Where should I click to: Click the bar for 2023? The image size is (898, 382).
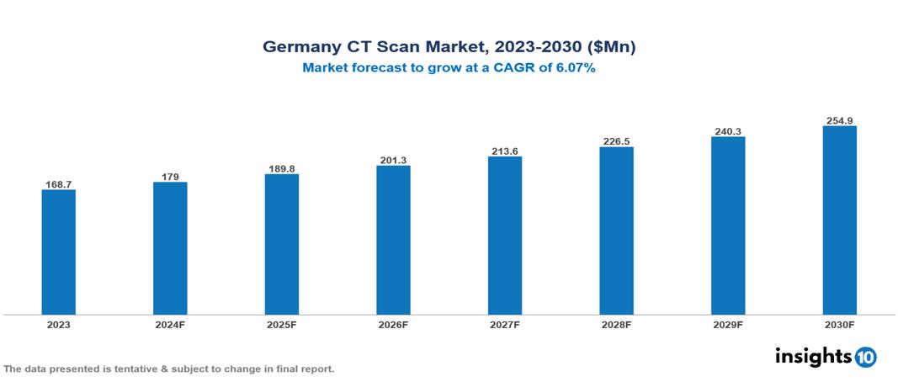tap(59, 252)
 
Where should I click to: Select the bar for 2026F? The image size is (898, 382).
tap(393, 240)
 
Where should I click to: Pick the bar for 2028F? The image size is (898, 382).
tap(616, 231)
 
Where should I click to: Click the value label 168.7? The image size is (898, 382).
tap(59, 183)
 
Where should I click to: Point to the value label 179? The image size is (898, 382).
tap(170, 176)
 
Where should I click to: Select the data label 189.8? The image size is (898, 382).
tap(282, 168)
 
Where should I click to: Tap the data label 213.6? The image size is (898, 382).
tap(505, 151)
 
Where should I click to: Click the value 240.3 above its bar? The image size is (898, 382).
tap(728, 131)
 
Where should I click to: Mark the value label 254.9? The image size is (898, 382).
tap(839, 120)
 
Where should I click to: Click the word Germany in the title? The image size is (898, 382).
tap(302, 47)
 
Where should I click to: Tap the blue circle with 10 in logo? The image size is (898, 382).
tap(865, 357)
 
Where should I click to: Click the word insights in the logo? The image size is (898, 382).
tap(813, 356)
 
